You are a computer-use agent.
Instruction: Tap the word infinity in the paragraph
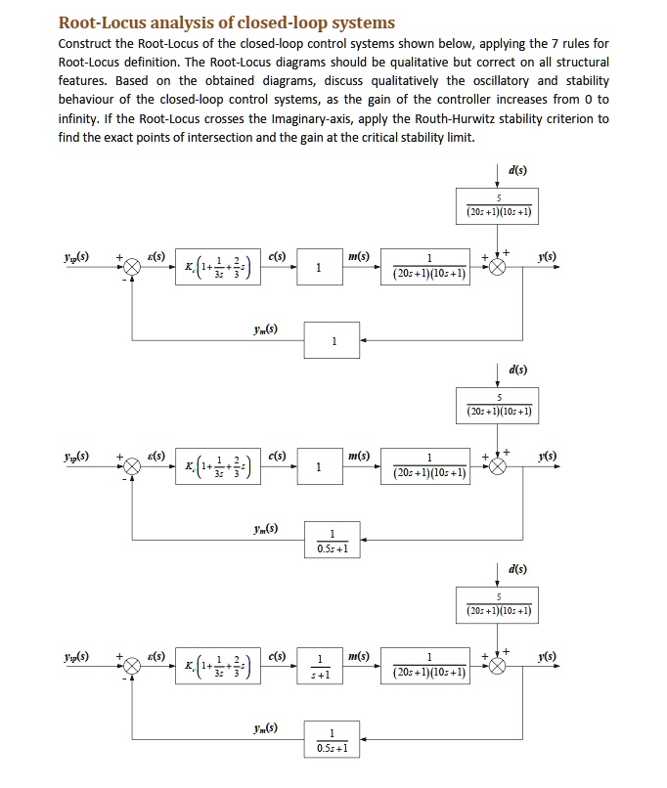coord(81,118)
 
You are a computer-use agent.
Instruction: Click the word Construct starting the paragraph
coord(85,44)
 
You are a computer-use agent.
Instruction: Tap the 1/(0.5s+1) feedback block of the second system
coord(333,541)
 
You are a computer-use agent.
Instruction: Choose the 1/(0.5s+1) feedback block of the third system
coord(333,740)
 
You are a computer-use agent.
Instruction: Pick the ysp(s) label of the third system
coord(74,656)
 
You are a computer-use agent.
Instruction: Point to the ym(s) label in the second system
coord(264,529)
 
